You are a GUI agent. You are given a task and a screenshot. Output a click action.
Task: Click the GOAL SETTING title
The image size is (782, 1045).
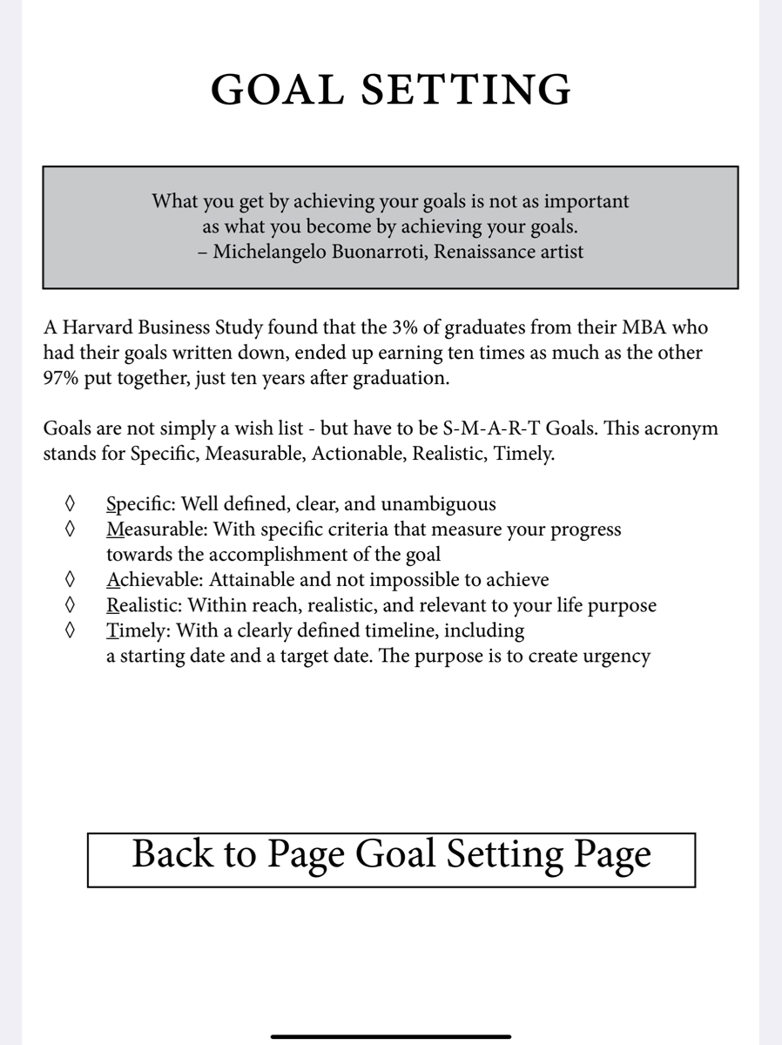click(391, 90)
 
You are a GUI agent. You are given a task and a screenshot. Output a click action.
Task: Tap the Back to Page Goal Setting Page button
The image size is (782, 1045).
click(391, 855)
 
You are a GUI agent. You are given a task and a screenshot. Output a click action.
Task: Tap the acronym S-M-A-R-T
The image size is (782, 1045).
click(500, 429)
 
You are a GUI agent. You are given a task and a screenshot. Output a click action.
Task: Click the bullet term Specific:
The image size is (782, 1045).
click(139, 503)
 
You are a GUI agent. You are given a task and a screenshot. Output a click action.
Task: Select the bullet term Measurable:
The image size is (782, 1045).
click(157, 529)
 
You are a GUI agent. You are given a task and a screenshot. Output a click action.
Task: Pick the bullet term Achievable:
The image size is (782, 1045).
click(155, 579)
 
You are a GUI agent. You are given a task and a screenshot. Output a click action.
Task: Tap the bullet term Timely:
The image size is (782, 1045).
click(138, 630)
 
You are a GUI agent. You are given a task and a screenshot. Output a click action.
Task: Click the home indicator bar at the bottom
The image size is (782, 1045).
click(391, 1036)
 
